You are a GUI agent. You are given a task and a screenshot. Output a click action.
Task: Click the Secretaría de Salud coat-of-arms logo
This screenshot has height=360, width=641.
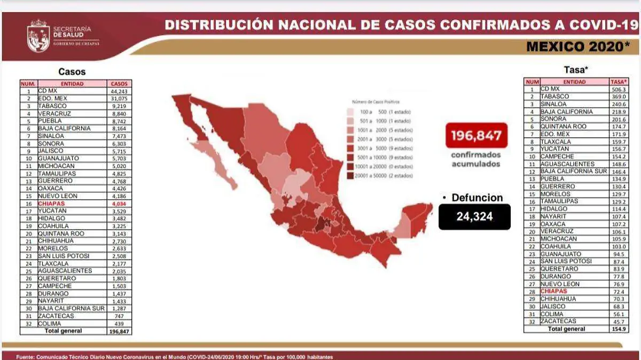point(38,36)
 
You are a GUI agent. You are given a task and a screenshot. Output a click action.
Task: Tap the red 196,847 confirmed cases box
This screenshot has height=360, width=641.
point(476,136)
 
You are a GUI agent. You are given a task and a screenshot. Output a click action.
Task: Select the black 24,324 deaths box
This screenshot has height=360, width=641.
point(474,217)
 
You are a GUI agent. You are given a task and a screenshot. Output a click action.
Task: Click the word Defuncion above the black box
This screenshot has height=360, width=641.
point(477,198)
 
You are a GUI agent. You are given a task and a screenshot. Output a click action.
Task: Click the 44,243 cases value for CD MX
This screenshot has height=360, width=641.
point(119,91)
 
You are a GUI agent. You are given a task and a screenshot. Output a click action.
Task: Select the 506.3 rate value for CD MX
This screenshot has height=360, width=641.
point(618,89)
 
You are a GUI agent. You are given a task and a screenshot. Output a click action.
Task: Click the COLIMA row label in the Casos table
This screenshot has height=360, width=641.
point(49,323)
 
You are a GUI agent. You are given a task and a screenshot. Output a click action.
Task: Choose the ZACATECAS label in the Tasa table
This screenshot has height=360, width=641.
point(558,321)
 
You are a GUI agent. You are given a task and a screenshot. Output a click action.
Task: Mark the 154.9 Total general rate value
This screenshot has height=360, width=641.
point(618,329)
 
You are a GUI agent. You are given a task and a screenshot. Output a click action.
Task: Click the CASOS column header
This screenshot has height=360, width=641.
point(119,84)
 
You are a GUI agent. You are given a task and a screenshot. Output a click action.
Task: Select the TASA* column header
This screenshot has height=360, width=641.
point(618,82)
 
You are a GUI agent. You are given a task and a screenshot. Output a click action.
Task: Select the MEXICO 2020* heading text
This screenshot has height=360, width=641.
point(577,46)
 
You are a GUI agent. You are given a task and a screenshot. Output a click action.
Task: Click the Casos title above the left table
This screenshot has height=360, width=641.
point(72,72)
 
